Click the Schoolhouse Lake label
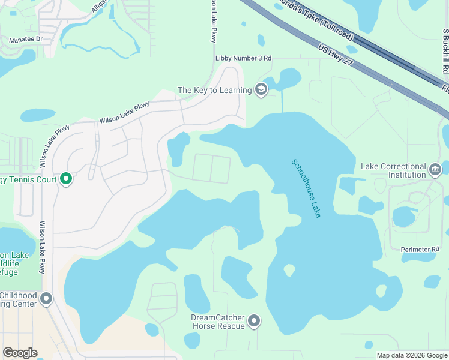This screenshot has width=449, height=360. click(x=306, y=188)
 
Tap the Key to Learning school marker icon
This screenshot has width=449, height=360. click(x=261, y=90)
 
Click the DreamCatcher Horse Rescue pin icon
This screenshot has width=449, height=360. click(x=255, y=322)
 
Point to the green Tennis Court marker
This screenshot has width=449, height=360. click(x=66, y=179)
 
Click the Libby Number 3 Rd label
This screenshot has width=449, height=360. click(x=243, y=58)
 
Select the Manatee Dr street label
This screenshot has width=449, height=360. click(x=26, y=40)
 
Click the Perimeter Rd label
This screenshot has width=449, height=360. click(x=420, y=249)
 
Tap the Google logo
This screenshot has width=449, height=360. click(x=20, y=353)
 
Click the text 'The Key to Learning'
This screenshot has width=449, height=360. click(x=214, y=91)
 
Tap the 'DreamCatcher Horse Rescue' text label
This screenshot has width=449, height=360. click(x=218, y=322)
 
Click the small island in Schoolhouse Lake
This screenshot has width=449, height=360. click(x=289, y=271)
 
